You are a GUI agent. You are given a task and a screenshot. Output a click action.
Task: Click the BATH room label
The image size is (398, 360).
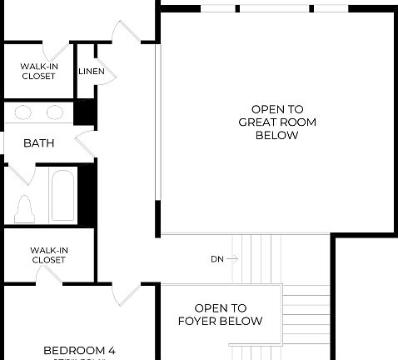38,143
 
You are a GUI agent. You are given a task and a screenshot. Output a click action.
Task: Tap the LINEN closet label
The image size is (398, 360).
92,72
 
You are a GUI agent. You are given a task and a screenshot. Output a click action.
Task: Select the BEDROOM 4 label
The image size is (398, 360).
79,350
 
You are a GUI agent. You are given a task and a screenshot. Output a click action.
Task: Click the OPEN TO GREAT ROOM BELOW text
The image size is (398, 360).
276,122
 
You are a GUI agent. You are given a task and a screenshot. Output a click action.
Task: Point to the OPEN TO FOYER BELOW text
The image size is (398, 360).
221,314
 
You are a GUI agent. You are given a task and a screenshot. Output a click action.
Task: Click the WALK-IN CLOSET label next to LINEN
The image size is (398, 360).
38,71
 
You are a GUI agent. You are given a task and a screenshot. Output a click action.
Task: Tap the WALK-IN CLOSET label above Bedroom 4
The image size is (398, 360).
48,254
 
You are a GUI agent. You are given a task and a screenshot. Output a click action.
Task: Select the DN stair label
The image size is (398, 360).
216,259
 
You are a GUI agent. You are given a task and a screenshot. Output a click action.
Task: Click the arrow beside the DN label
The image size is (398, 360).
232,259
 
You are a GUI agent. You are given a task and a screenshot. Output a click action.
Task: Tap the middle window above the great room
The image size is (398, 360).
276,8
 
